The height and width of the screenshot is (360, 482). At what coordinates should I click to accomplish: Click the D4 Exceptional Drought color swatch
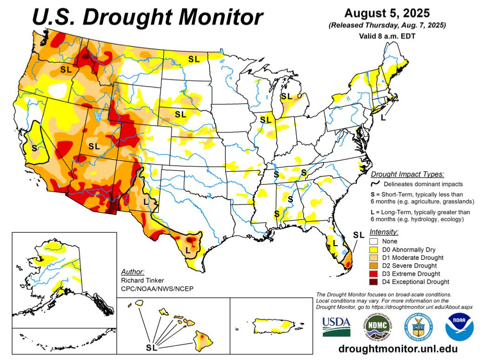point(374,281)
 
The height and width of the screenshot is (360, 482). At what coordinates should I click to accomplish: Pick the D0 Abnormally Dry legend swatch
point(374,249)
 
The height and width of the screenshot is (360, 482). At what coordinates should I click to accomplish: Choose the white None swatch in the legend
point(374,242)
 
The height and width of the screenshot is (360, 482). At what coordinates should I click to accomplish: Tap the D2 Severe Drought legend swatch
point(374,265)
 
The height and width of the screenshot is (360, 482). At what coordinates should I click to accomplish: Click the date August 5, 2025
point(387,13)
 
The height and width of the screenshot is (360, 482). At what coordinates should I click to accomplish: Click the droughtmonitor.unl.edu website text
point(397,348)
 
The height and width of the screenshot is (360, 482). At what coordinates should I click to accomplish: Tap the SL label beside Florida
point(358,235)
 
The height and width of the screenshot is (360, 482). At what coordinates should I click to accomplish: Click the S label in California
point(34,148)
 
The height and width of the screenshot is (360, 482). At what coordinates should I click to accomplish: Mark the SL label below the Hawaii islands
point(152,347)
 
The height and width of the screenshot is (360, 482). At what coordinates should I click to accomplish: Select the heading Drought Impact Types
point(407,174)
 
